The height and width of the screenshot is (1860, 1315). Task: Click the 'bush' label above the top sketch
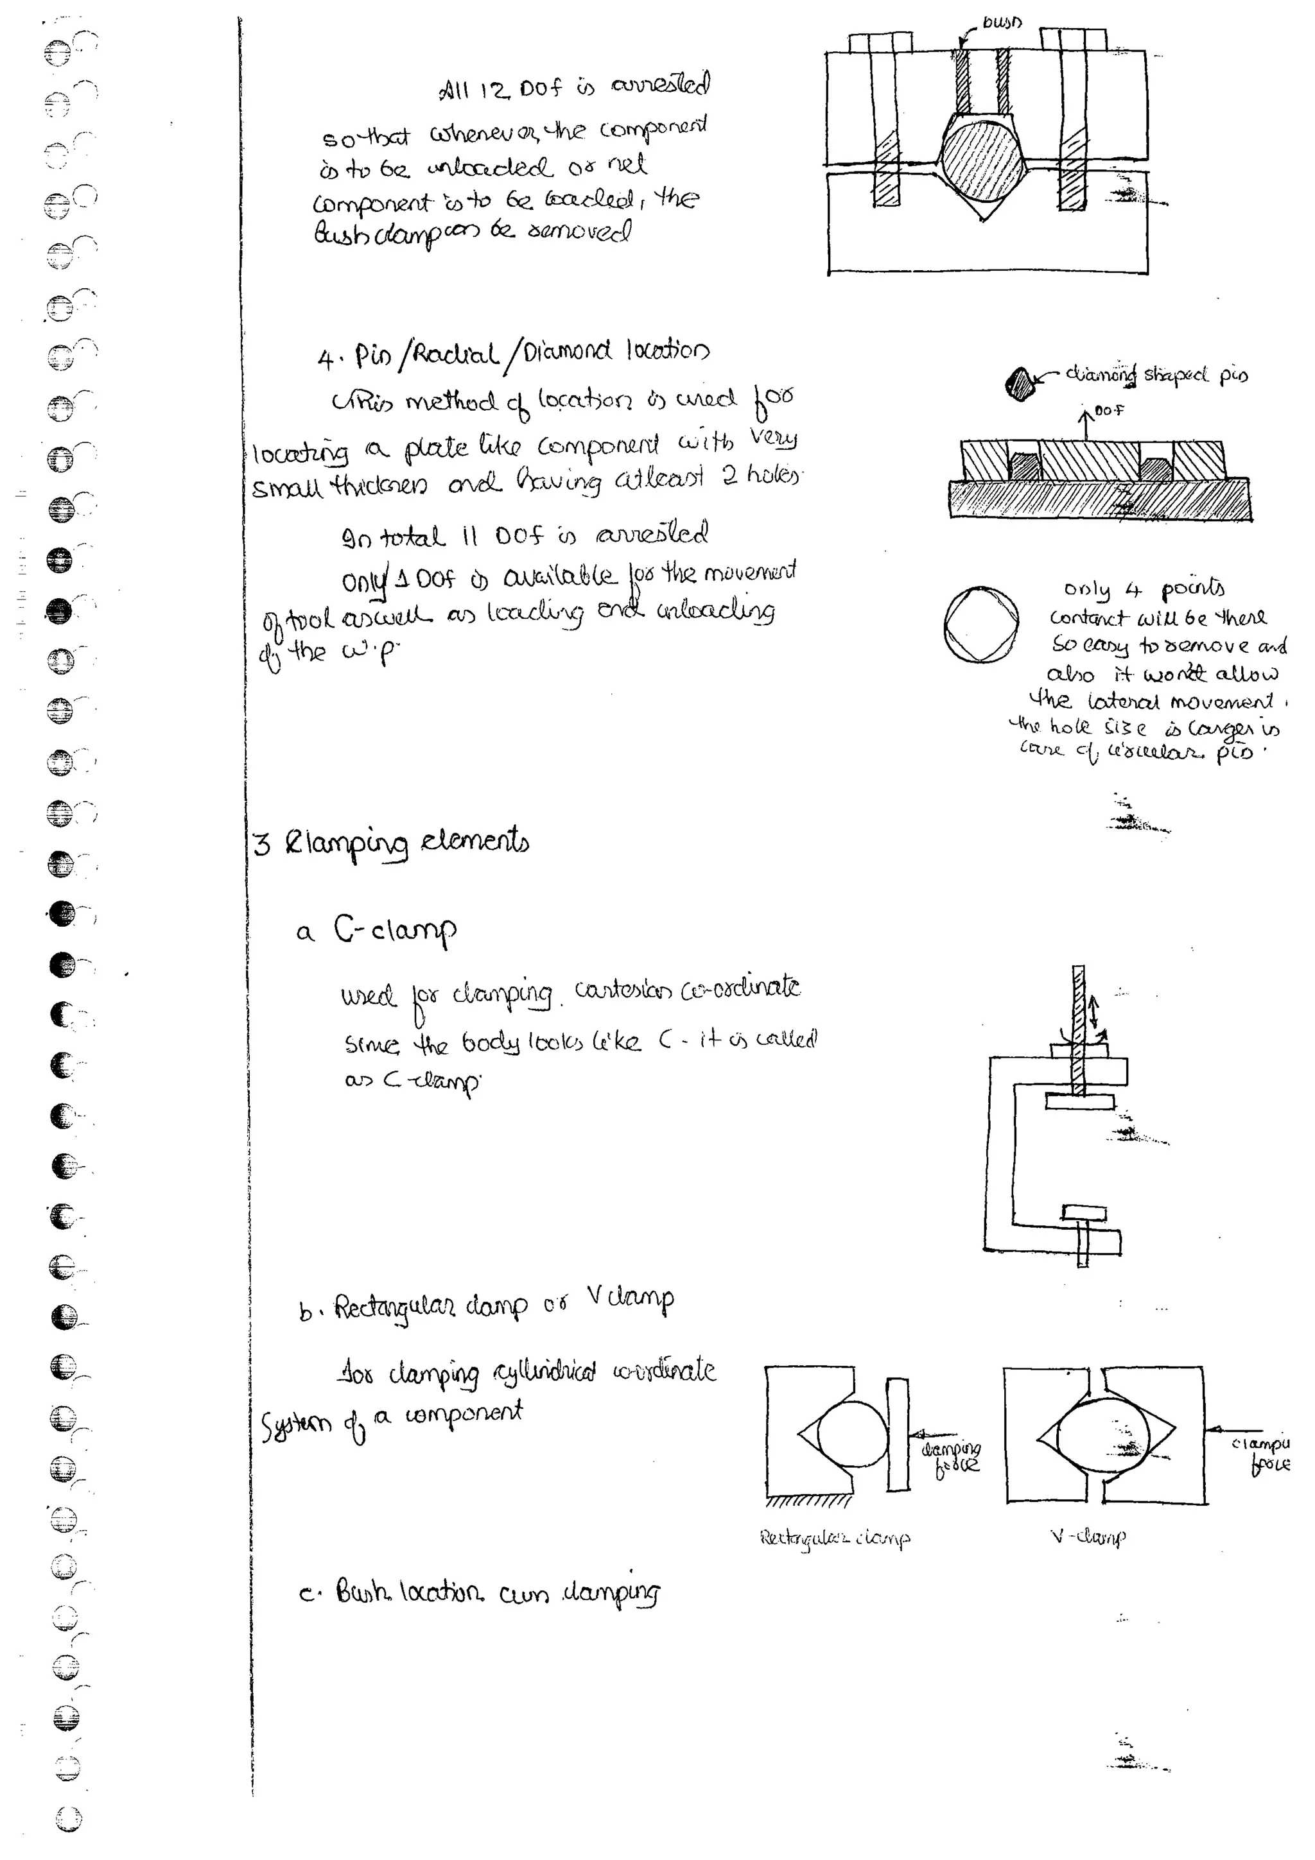point(1002,22)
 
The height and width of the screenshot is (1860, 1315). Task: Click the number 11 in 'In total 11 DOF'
point(471,535)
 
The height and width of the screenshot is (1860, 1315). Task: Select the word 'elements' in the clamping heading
point(475,843)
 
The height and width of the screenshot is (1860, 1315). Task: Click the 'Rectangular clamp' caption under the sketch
point(835,1538)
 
